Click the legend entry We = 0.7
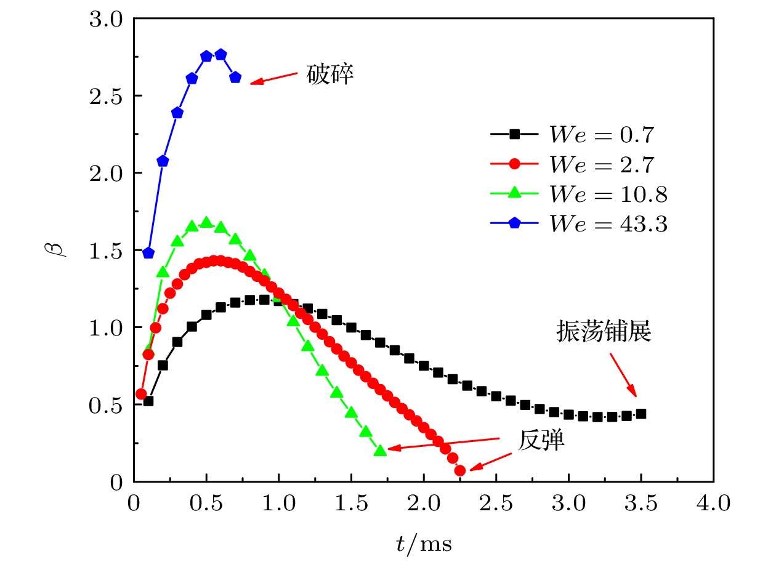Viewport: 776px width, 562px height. [x=579, y=134]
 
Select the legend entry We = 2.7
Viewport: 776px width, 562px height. [x=579, y=164]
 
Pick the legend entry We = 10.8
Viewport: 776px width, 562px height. [x=579, y=195]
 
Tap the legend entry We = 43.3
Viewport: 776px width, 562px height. [x=579, y=225]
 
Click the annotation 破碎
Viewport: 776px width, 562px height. [x=330, y=76]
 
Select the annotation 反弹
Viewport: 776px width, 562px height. [x=541, y=441]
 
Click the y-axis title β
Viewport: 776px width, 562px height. [x=57, y=251]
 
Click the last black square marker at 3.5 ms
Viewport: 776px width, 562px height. [x=641, y=414]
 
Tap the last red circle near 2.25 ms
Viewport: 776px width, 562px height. [x=460, y=471]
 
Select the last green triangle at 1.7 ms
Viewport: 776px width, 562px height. [x=381, y=451]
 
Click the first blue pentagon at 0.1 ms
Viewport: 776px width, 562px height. [x=148, y=253]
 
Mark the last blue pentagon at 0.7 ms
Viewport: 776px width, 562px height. [x=235, y=78]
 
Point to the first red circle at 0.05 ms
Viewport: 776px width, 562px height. [x=141, y=394]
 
